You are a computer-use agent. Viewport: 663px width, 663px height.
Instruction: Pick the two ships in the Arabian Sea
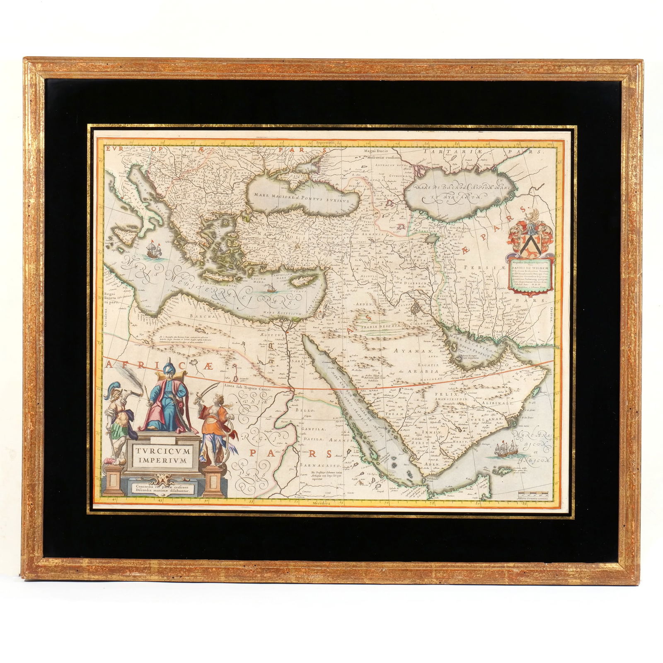504,450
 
